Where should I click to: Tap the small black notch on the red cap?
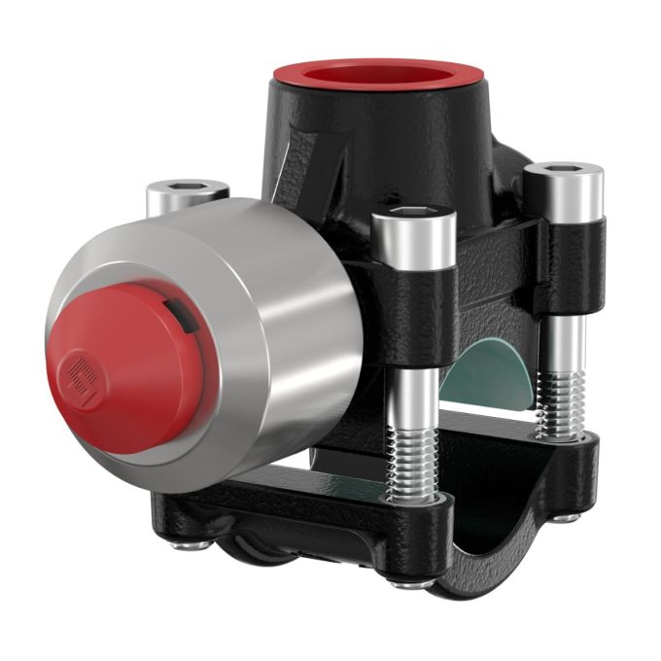tap(176, 312)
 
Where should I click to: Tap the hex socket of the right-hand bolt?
tap(564, 170)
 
